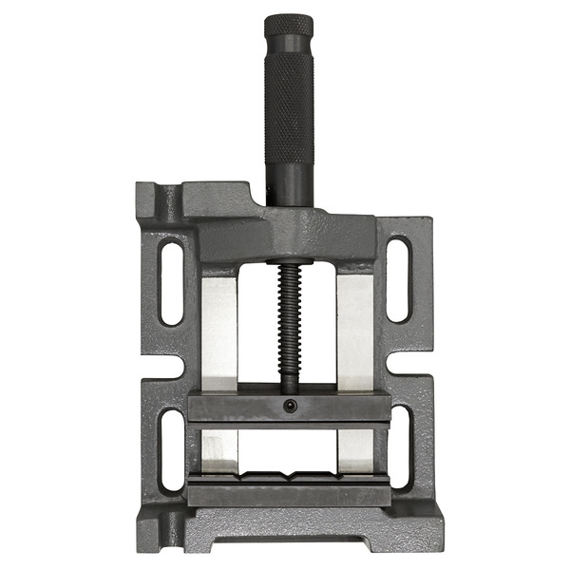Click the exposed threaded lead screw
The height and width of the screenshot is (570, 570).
point(287,323)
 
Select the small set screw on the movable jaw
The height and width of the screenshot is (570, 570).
point(291,407)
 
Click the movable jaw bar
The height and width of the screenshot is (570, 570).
point(237,408)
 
